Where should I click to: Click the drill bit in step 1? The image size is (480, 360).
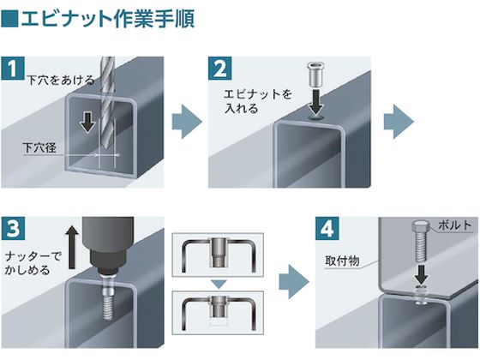coord(105,94)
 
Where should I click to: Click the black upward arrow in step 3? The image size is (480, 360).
coord(73,243)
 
